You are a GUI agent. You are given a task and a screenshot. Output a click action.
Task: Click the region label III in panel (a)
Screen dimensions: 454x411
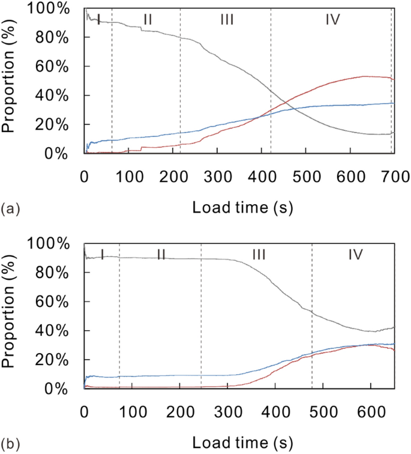tap(226, 20)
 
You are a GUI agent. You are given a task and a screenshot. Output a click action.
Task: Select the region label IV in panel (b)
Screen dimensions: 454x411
tap(355, 255)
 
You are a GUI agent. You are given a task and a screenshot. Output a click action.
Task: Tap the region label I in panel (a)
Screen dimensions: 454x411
tap(98, 20)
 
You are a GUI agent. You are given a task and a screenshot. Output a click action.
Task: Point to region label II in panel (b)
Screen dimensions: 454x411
tap(161, 255)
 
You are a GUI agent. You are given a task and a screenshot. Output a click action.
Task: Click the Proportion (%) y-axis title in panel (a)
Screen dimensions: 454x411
tap(10, 82)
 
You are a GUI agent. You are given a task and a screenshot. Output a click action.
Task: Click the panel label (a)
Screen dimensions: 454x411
tap(10, 209)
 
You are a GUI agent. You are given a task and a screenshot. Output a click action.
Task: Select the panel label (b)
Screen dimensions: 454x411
tap(10, 444)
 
